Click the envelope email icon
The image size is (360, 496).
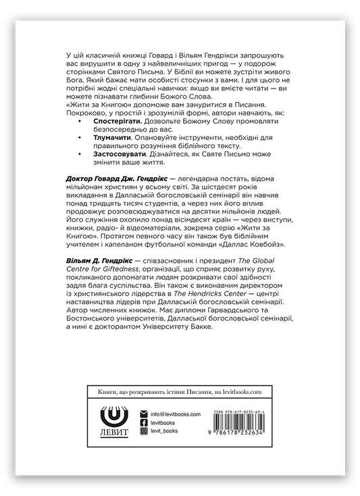click(x=144, y=414)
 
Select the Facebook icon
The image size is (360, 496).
click(x=144, y=422)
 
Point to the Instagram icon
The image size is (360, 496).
click(x=144, y=430)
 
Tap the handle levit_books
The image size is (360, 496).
click(x=168, y=430)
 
